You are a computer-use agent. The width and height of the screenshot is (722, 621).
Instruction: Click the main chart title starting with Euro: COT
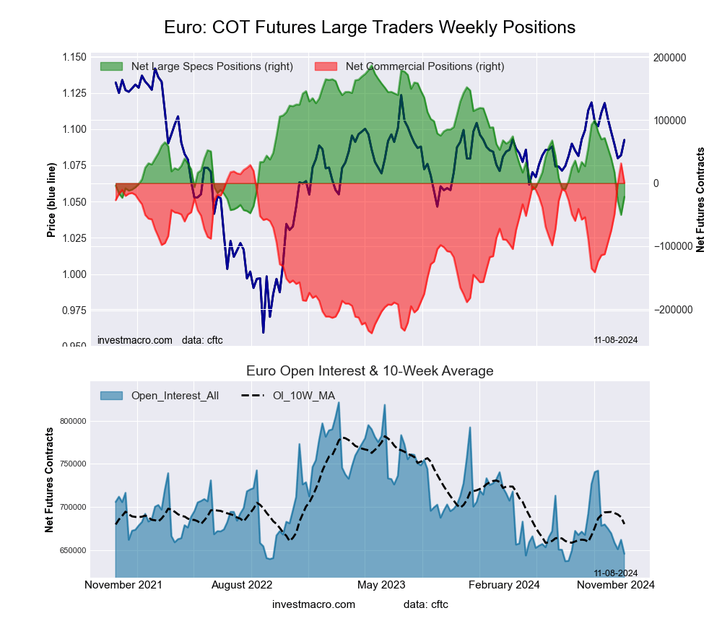coord(370,27)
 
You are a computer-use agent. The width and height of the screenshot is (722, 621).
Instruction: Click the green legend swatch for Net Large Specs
coord(113,66)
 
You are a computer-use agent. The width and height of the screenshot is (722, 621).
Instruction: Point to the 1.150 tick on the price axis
coord(72,58)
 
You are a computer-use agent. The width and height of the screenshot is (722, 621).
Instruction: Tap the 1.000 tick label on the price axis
coord(72,274)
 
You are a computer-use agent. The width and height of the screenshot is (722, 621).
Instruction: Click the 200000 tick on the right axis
coord(669,58)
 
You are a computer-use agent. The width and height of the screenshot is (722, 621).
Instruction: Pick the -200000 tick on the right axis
coord(671,310)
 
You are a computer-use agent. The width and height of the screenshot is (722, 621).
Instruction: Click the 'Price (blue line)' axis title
coord(51,201)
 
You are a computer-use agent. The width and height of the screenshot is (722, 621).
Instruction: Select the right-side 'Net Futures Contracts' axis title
coord(700,200)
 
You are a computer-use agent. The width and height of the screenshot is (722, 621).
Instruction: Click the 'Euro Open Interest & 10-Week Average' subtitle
coord(370,371)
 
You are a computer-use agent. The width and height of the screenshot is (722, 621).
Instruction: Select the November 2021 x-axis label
coord(123,585)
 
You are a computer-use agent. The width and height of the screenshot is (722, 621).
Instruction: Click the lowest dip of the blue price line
coord(263,332)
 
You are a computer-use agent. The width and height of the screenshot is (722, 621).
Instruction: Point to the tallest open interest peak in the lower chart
coord(338,403)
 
